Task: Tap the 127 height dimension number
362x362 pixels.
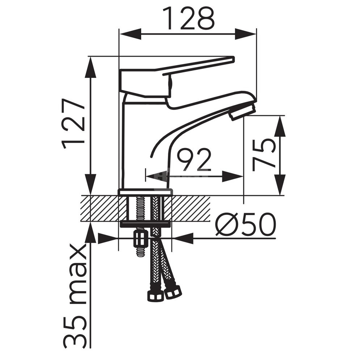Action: [x=73, y=124]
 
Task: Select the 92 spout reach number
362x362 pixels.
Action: [x=194, y=159]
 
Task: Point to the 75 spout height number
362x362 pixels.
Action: [x=264, y=155]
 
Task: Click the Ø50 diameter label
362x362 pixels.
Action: [x=246, y=224]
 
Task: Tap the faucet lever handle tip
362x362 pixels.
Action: [x=233, y=59]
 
